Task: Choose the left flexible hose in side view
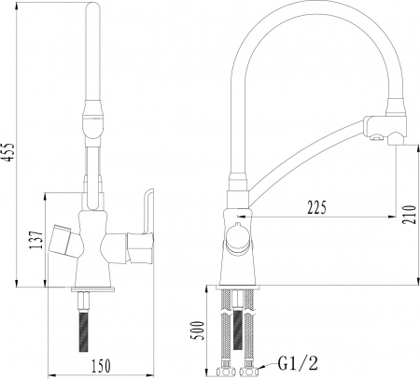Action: click(225, 327)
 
